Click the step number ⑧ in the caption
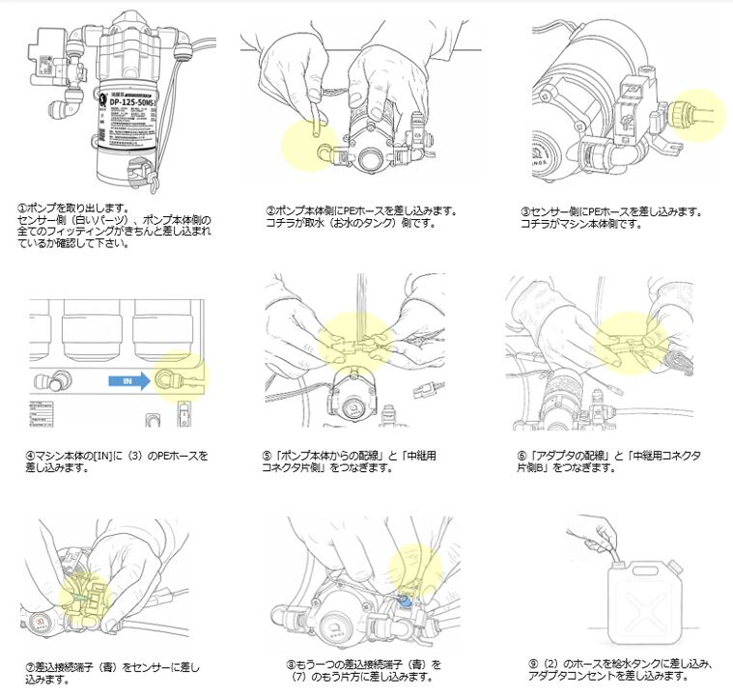(x=291, y=664)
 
